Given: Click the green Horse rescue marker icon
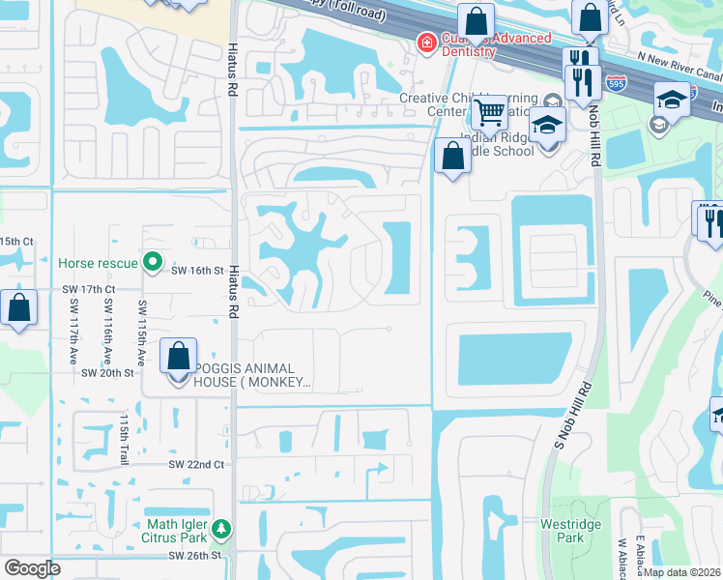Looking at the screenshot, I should coord(152,262).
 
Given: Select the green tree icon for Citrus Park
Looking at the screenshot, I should coord(222,529).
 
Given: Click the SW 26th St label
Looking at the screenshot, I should coord(194,556).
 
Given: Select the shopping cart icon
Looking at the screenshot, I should coord(490,113).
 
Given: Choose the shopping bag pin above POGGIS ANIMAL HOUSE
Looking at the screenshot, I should coord(180,356).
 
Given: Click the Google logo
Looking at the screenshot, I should coord(32,568).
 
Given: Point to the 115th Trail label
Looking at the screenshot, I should coord(124,439).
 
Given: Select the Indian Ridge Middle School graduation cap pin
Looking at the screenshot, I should coord(548,126).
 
